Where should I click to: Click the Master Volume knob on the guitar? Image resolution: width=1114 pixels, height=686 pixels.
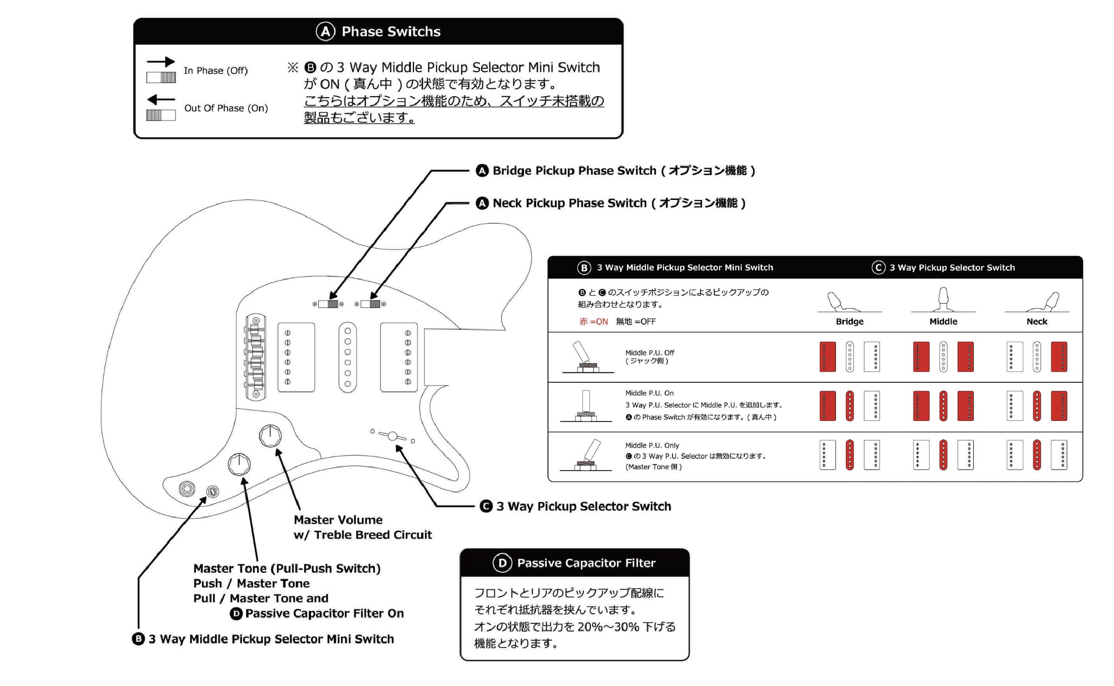[270, 436]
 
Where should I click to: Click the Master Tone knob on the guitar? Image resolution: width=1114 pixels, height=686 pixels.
[239, 465]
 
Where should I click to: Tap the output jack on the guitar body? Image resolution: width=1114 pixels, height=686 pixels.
[187, 488]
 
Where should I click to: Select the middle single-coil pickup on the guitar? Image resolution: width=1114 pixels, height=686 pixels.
[347, 356]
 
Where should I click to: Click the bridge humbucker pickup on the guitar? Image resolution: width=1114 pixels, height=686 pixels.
[296, 357]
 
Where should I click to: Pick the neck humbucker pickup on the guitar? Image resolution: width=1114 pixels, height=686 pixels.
[399, 357]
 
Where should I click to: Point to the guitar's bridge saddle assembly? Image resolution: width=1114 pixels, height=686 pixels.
[256, 356]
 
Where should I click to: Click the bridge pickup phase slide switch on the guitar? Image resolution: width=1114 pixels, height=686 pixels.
[329, 304]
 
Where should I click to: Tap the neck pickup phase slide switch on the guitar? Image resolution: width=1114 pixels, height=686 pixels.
[370, 304]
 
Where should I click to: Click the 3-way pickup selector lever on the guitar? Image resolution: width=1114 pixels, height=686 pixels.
[392, 436]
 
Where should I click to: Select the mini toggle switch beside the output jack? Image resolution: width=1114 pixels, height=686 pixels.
[212, 492]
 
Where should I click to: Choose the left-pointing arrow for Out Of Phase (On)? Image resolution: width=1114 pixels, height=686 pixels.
[160, 99]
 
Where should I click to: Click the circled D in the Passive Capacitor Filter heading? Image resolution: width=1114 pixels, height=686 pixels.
[502, 563]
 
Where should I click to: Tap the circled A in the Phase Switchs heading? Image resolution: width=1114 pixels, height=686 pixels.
[325, 32]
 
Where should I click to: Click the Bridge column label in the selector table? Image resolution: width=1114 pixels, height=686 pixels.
[849, 321]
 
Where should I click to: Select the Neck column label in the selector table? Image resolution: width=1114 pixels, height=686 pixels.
[1036, 321]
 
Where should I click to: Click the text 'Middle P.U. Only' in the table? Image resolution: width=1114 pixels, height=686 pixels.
[652, 445]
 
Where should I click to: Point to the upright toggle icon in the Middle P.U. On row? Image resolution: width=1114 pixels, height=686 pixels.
[586, 405]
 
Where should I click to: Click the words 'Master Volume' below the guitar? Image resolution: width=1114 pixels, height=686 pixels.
[338, 520]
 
